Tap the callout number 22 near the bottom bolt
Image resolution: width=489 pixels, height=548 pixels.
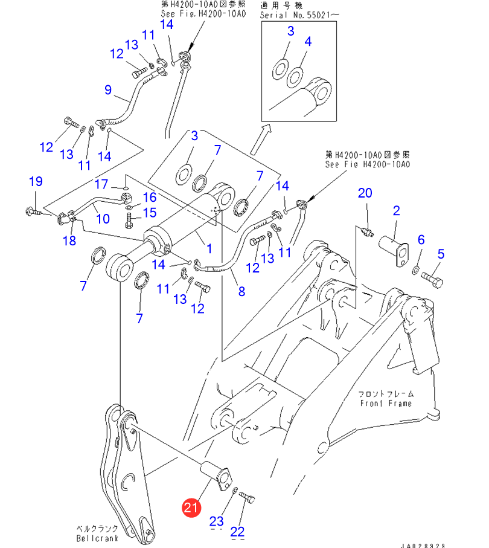pyautogui.click(x=238, y=531)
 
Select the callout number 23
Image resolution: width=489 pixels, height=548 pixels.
pyautogui.click(x=217, y=521)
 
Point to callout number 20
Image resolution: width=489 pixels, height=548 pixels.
pyautogui.click(x=365, y=193)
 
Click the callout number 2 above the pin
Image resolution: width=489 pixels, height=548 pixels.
pyautogui.click(x=397, y=211)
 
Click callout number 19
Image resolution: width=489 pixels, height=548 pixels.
pyautogui.click(x=36, y=181)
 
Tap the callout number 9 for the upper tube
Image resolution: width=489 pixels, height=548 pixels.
pyautogui.click(x=108, y=90)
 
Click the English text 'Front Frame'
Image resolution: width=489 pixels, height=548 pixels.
pyautogui.click(x=386, y=403)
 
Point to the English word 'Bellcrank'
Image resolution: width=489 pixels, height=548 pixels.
pyautogui.click(x=97, y=538)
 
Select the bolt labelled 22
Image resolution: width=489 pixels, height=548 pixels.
pyautogui.click(x=248, y=499)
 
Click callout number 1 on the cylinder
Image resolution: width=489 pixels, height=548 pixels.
pyautogui.click(x=209, y=248)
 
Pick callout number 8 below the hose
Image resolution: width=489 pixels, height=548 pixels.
pyautogui.click(x=241, y=291)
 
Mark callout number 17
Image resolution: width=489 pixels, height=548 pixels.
pyautogui.click(x=101, y=184)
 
